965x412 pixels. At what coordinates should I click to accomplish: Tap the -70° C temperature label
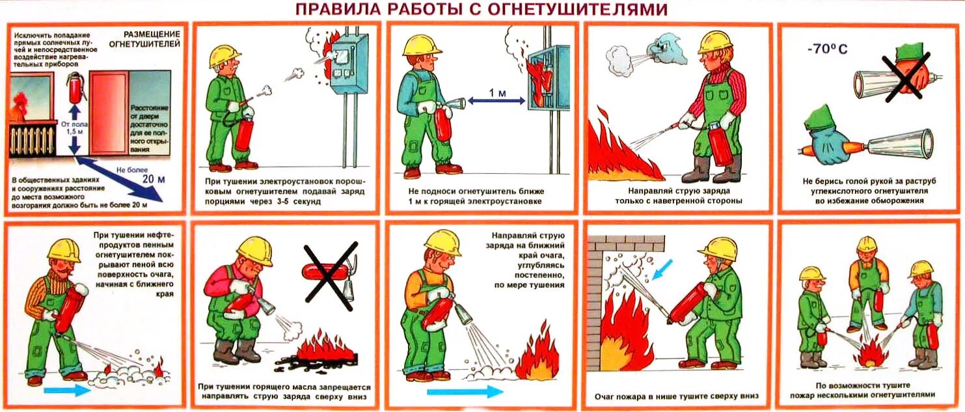coord(826,49)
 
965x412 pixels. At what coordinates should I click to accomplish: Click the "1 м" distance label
coord(497,92)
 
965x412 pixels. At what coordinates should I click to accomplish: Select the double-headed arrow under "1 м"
coord(496,102)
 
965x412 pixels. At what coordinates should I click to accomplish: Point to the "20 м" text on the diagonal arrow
coord(154,178)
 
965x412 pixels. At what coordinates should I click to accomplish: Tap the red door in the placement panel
coord(109,113)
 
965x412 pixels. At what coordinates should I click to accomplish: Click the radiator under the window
coord(33,138)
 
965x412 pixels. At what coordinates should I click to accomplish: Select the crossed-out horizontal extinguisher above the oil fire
coord(331,276)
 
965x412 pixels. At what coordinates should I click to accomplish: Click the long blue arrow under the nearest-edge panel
coord(465,391)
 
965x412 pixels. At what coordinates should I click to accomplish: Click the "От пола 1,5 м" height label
coord(75,128)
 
